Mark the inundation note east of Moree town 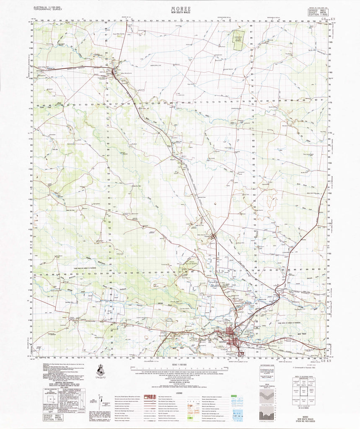coord(289,323)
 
